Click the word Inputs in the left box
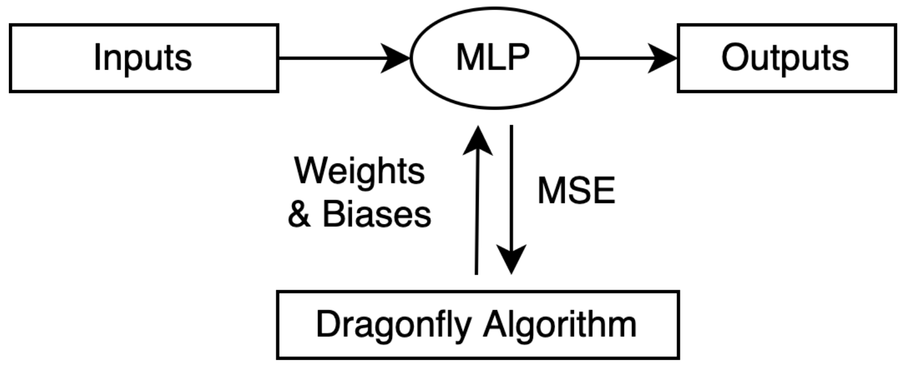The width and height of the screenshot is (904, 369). click(x=143, y=58)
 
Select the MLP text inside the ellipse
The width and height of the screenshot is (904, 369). click(x=493, y=57)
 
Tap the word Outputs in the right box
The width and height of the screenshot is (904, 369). click(x=785, y=58)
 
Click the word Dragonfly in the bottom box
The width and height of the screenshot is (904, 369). click(x=393, y=325)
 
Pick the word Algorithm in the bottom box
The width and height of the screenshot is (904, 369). click(x=560, y=325)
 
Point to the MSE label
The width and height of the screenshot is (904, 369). click(x=576, y=191)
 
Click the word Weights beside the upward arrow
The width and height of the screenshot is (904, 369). click(x=360, y=171)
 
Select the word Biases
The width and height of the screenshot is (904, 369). click(x=377, y=214)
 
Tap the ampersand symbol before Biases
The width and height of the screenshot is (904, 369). click(x=299, y=215)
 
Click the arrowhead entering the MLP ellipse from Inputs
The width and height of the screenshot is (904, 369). click(x=397, y=58)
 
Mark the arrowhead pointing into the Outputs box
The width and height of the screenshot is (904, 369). click(x=664, y=58)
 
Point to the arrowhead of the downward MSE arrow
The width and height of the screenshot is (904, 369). click(x=511, y=260)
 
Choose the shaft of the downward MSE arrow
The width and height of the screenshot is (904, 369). click(x=511, y=183)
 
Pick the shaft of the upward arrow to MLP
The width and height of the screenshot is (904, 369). click(x=477, y=217)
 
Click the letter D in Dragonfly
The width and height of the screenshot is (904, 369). click(x=327, y=324)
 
